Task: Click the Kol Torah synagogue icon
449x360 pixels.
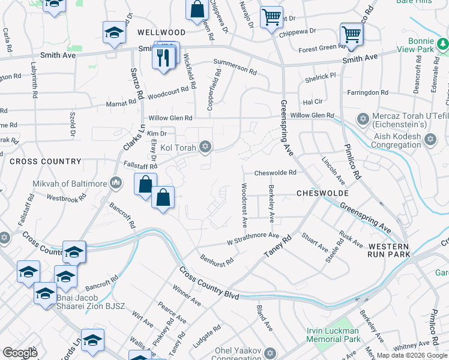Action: pyautogui.click(x=206, y=146)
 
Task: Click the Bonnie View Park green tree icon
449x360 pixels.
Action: pyautogui.click(x=442, y=44)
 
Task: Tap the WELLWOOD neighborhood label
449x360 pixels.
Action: pyautogui.click(x=161, y=32)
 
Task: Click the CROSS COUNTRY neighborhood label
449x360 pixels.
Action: pyautogui.click(x=45, y=161)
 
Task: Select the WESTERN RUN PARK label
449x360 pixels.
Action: pyautogui.click(x=389, y=247)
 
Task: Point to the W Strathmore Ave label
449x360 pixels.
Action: pyautogui.click(x=253, y=239)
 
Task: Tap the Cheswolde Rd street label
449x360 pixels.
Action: pyautogui.click(x=276, y=173)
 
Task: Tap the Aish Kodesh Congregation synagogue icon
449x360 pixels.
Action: pyautogui.click(x=429, y=140)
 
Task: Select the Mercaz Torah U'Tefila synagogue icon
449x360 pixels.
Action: pyautogui.click(x=362, y=118)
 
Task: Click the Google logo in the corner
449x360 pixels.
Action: pyautogui.click(x=20, y=353)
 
